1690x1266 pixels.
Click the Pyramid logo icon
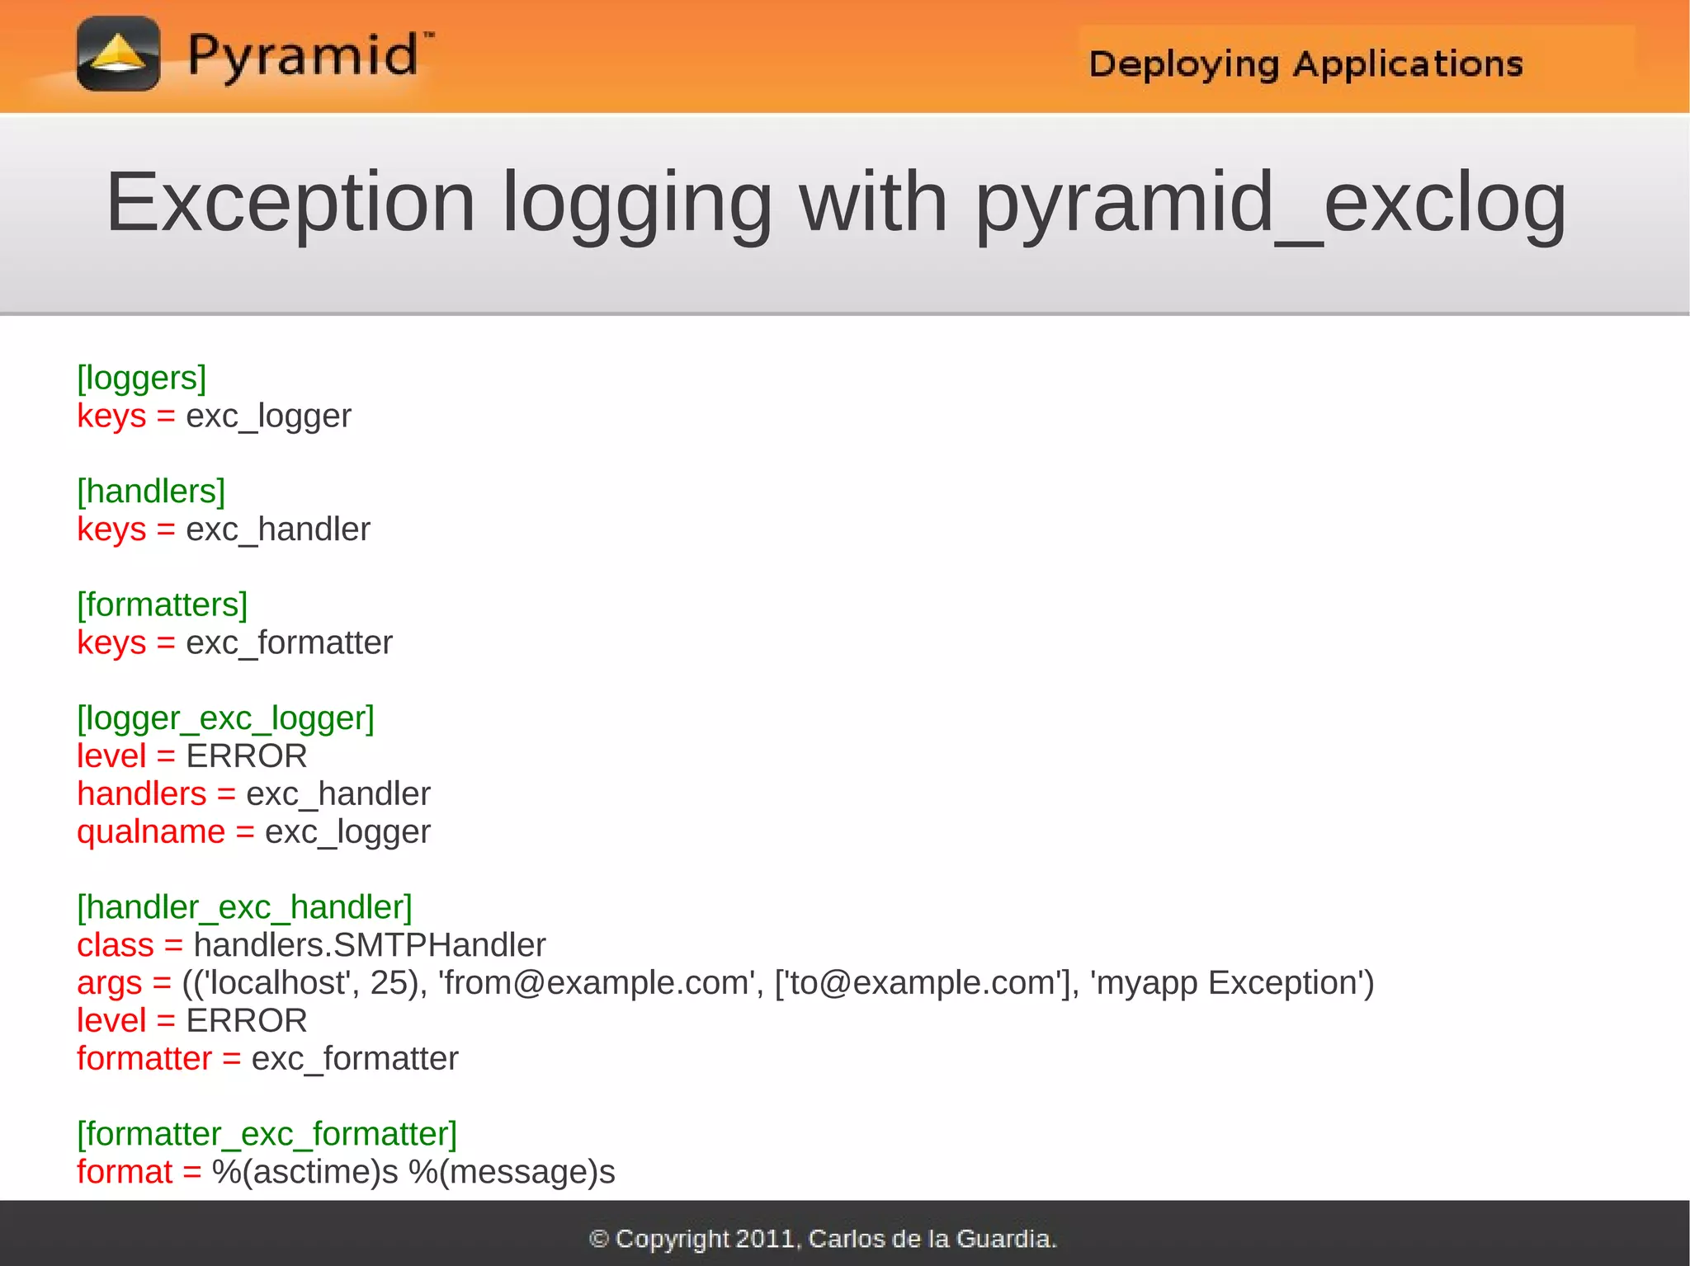[x=118, y=54]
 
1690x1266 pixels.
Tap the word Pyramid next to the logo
[x=304, y=56]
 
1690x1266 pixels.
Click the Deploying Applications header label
[x=1305, y=64]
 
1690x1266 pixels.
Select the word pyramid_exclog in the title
[x=1271, y=204]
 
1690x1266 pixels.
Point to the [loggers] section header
[x=141, y=378]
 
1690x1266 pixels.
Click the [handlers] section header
[x=151, y=492]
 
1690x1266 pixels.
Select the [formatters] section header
[x=162, y=605]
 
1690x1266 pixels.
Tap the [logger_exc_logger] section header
[x=225, y=718]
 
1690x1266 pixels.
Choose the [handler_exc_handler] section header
[x=244, y=907]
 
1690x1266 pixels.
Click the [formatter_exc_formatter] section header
[x=267, y=1134]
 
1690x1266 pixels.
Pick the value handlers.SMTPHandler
[x=370, y=945]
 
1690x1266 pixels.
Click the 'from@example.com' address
[x=597, y=983]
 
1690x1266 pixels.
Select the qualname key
[x=151, y=832]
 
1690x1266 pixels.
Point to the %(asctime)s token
[x=305, y=1172]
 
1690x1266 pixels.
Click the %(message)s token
[x=512, y=1172]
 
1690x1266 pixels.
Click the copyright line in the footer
[x=823, y=1239]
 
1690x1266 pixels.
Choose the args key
[x=110, y=983]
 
